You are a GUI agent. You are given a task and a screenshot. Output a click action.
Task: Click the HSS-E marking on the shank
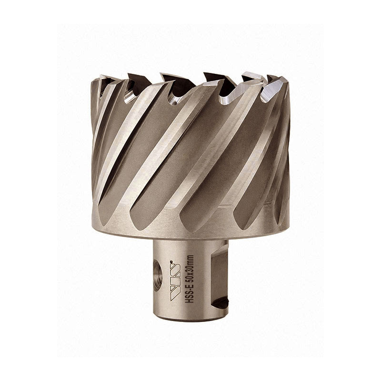(x=190, y=294)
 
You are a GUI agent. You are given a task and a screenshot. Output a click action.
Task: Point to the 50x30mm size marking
(x=190, y=269)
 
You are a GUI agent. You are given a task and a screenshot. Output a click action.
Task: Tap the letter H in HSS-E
(x=190, y=301)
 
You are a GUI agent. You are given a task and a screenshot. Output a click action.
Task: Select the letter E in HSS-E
(x=190, y=287)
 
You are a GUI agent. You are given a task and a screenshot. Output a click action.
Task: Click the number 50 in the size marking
(x=190, y=280)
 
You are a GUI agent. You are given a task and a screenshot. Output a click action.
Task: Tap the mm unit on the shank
(x=190, y=260)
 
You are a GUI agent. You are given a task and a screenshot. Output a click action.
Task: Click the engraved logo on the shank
(x=175, y=282)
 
